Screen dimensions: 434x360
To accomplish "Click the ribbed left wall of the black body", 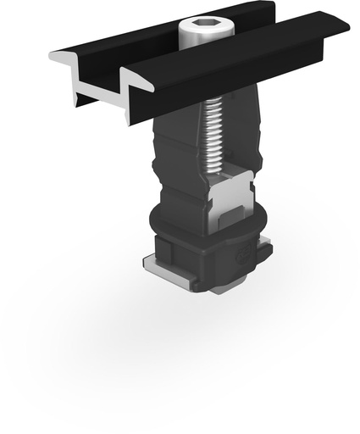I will coord(169,161).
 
